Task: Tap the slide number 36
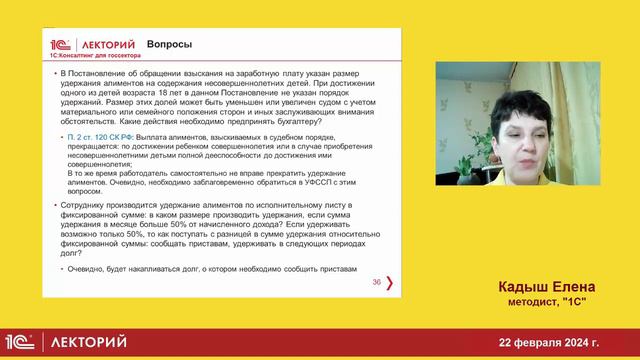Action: [x=376, y=283]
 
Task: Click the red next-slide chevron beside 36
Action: [x=389, y=283]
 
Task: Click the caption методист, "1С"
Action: [x=541, y=302]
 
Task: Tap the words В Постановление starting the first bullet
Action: [x=89, y=75]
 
